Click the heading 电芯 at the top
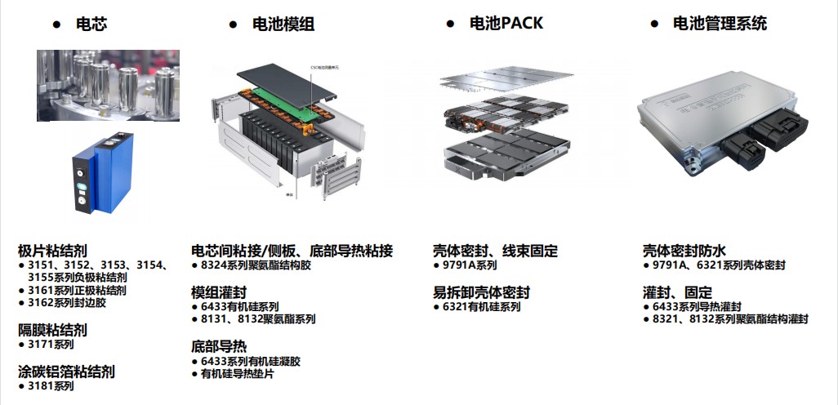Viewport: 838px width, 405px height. [91, 24]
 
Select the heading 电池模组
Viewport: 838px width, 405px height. [283, 24]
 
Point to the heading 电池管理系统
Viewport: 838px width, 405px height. [720, 24]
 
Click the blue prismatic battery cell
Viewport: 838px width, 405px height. [103, 176]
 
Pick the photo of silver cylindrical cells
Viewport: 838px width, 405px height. [108, 85]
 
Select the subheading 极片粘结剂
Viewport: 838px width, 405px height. [52, 251]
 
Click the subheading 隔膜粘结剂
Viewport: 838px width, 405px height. [52, 331]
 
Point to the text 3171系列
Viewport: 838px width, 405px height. [51, 345]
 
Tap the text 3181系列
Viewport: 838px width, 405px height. [51, 385]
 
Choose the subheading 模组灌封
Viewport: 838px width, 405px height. [219, 292]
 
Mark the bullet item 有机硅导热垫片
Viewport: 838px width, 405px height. [237, 374]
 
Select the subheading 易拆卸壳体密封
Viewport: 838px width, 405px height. [481, 292]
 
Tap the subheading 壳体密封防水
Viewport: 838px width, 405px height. [684, 251]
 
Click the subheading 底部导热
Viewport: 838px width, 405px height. [219, 346]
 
